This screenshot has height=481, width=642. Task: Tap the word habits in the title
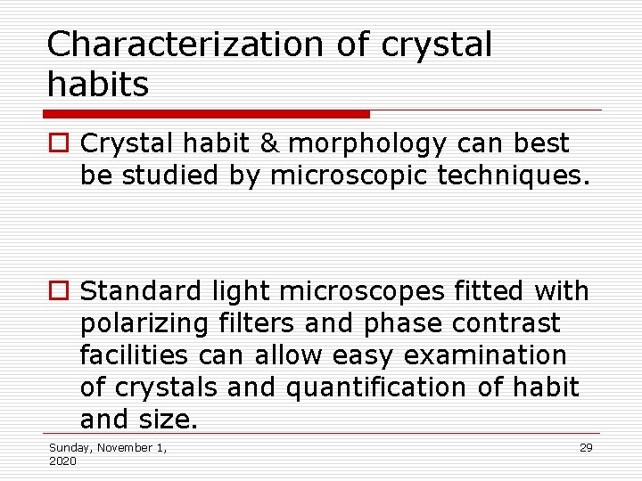pos(97,85)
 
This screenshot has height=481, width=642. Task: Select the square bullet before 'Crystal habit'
pos(58,143)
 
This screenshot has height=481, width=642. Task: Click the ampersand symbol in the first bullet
pos(269,143)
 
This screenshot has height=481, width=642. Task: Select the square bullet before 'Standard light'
pos(58,291)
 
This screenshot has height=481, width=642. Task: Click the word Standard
pos(143,290)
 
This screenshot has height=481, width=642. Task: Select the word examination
pos(485,355)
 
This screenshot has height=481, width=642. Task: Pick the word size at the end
pos(172,420)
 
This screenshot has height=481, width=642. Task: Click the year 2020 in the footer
pos(62,461)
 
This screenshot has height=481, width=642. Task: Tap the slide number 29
pos(586,448)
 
